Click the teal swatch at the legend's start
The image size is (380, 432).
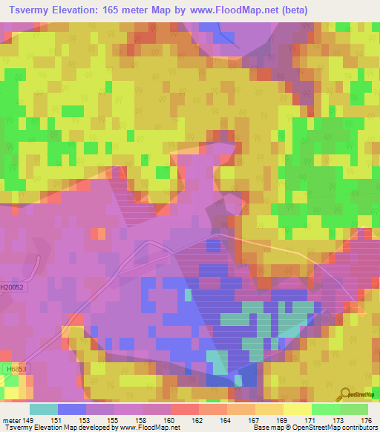[x=44, y=409]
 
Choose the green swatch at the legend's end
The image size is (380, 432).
[x=353, y=409]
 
